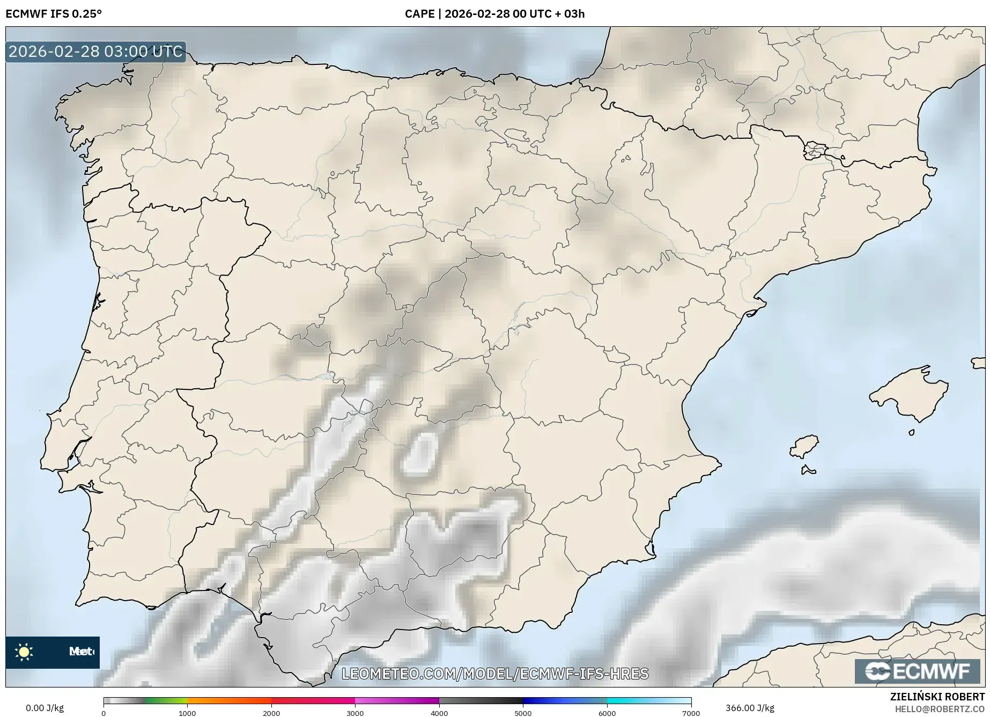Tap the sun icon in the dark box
[x=24, y=652]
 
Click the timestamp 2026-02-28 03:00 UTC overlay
[x=95, y=51]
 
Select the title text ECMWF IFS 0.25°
[x=54, y=14]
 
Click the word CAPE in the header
[x=419, y=14]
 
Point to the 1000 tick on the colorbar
[x=187, y=713]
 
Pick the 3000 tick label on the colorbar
[x=355, y=713]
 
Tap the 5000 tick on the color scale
[x=523, y=713]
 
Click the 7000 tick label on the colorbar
[x=691, y=713]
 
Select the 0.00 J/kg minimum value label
[x=45, y=708]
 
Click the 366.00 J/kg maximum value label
[x=750, y=708]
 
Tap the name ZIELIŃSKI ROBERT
[x=937, y=697]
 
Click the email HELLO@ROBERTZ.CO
[x=940, y=709]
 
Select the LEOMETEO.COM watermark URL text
[x=495, y=673]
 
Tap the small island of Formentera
[x=808, y=471]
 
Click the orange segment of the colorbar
[x=229, y=700]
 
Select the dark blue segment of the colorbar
[x=542, y=700]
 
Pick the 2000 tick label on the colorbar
[x=271, y=713]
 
